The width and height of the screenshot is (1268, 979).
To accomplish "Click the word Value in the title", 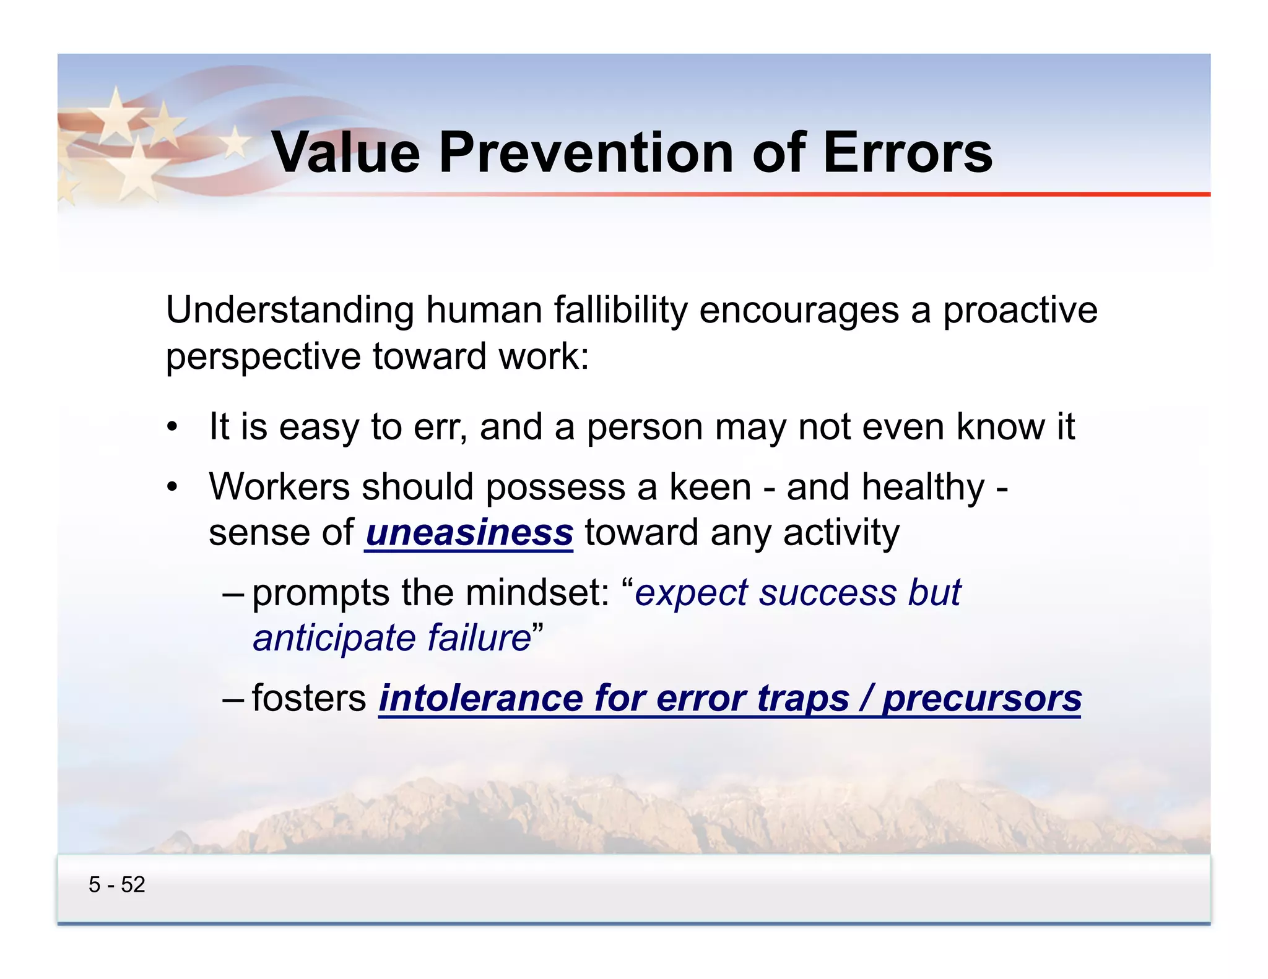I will [x=346, y=152].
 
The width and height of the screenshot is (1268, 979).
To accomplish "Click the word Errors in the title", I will [x=908, y=152].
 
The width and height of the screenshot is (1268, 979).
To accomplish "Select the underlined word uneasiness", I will [x=469, y=533].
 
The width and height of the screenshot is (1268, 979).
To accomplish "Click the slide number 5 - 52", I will [x=116, y=884].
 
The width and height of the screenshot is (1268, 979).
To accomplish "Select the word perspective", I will [x=263, y=357].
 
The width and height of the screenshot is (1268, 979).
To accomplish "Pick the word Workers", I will [x=279, y=487].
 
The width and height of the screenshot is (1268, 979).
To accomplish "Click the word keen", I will [x=710, y=487].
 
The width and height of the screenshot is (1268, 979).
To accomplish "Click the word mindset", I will [x=537, y=593].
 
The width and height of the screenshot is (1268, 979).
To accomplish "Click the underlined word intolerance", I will [x=480, y=698].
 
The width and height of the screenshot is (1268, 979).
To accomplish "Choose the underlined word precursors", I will [x=982, y=698].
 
